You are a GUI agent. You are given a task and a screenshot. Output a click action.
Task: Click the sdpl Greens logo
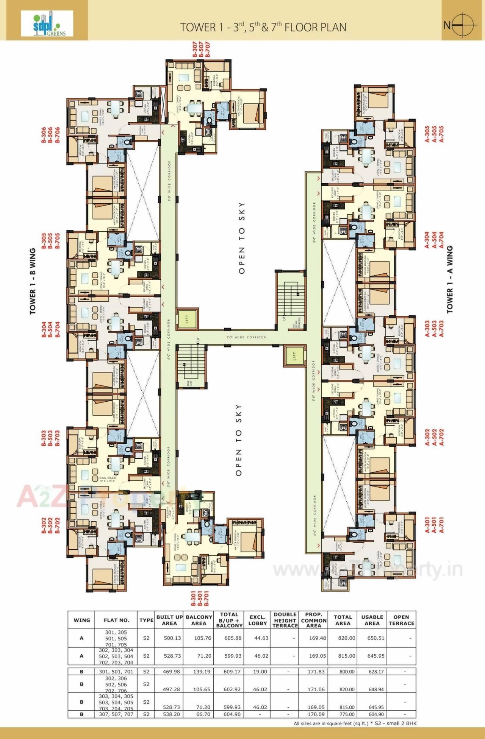point(47,23)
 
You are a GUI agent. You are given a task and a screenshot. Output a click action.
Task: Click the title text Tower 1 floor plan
point(263,27)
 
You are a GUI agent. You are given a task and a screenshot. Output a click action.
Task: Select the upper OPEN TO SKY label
point(242,238)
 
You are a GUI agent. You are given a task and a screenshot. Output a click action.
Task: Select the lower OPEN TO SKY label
point(239,440)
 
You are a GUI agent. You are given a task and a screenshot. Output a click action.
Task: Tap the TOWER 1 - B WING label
point(33,281)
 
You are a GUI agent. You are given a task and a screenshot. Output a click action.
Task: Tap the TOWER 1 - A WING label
point(450,279)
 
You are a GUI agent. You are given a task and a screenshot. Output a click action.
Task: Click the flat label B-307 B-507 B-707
point(201,50)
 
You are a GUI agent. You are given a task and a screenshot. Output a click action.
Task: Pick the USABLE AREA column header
point(372,620)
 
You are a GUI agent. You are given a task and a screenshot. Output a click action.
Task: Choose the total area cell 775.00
point(347,714)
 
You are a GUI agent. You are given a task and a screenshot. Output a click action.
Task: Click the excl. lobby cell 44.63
point(261,638)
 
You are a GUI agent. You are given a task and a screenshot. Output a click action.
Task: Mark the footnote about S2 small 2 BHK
point(355,723)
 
